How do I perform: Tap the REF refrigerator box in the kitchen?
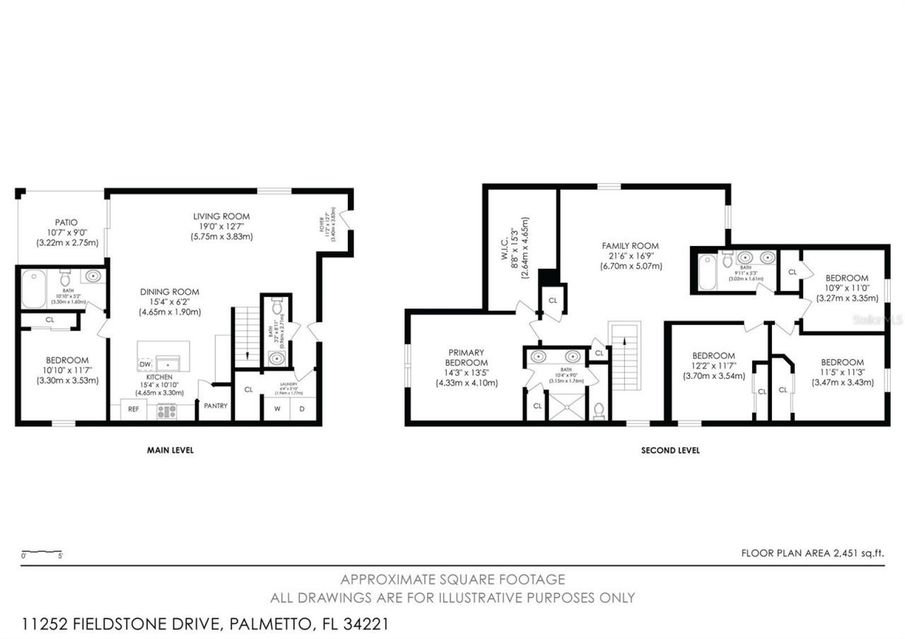[x=133, y=409]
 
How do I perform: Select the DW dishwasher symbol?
[x=145, y=364]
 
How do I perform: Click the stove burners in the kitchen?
[x=167, y=410]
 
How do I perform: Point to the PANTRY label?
[x=216, y=406]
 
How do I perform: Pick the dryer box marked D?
[x=302, y=409]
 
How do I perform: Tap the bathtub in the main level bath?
[x=33, y=290]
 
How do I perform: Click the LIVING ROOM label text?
[x=221, y=216]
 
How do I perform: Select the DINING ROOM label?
[x=169, y=292]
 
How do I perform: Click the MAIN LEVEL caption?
[x=170, y=450]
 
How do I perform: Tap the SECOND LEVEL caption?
[x=670, y=450]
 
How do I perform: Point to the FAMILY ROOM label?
[x=631, y=245]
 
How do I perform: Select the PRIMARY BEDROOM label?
[x=466, y=358]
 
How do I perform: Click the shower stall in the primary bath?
[x=568, y=407]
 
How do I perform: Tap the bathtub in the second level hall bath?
[x=708, y=272]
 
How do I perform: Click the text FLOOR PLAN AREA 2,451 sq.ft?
[x=812, y=553]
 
